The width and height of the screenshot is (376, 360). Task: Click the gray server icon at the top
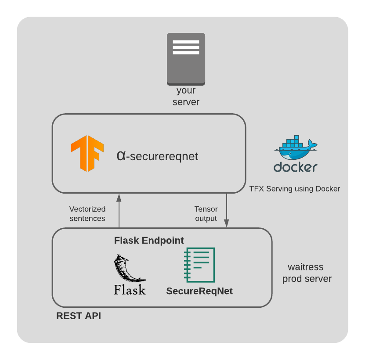point(186,59)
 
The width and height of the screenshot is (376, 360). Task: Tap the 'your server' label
point(186,97)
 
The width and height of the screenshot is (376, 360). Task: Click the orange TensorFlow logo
point(87,153)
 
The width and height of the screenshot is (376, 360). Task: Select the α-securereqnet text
point(157,156)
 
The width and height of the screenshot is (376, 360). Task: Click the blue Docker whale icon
point(295,149)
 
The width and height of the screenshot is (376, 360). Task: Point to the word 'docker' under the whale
point(295,167)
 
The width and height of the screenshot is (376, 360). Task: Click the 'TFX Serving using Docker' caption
point(295,189)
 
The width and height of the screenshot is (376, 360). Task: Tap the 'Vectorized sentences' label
point(87,214)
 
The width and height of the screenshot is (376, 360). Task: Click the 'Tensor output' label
point(206,214)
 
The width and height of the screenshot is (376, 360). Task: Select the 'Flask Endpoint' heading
point(148,241)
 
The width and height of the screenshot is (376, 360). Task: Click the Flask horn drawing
point(127,268)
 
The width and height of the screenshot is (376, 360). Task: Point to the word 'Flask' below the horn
point(130,290)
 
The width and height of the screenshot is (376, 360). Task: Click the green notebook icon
point(200,265)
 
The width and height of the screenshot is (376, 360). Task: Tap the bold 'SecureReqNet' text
point(199,291)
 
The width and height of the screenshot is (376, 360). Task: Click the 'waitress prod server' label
point(307,273)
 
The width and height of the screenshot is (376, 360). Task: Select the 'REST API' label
point(78,316)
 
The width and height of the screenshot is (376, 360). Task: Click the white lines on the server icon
point(186,47)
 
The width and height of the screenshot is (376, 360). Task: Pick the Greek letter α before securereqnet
point(121,155)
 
